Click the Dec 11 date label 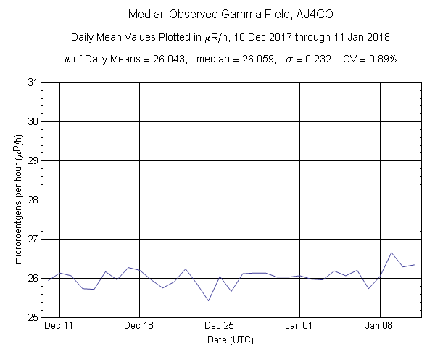pos(59,327)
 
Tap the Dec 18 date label pos(139,327)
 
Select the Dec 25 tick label pos(219,327)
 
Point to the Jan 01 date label pos(299,327)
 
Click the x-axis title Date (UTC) pos(231,340)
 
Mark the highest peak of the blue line pos(391,253)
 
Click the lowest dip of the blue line pos(208,300)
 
